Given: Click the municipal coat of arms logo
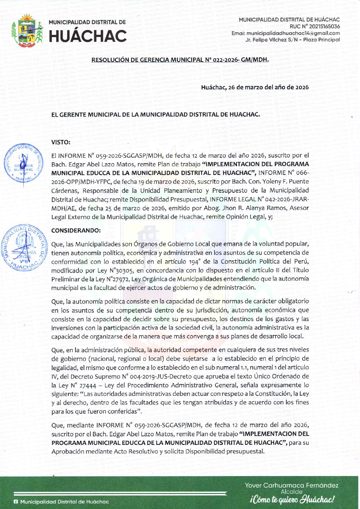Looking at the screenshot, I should click(x=27, y=31).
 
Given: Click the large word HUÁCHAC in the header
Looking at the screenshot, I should click(x=88, y=36).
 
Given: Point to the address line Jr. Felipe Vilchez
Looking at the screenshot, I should click(x=293, y=40).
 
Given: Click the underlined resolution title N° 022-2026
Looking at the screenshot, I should click(x=180, y=60).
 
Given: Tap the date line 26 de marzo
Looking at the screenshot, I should click(x=255, y=87).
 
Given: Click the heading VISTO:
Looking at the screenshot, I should click(x=61, y=142).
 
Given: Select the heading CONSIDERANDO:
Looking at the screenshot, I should click(x=76, y=230).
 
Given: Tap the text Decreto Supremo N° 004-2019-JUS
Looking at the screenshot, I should click(x=111, y=376).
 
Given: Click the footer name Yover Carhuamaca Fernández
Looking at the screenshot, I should click(x=292, y=485).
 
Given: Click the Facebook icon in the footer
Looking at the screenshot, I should click(x=16, y=502).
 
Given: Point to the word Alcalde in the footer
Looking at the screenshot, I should click(x=292, y=492).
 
